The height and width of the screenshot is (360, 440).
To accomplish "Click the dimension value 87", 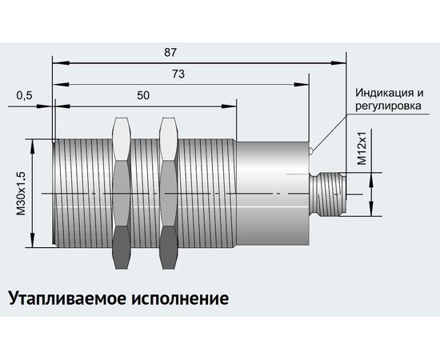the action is coord(170,52).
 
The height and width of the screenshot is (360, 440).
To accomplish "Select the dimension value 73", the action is coord(178,74).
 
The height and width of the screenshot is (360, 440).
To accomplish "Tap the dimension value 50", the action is coord(143,96).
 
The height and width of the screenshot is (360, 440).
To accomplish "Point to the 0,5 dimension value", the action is coord(25,96).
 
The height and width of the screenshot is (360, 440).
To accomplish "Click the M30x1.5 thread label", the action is coord(21,194).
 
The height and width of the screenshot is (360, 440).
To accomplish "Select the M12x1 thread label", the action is coord(362,147).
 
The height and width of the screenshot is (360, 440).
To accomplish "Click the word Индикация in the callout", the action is coord(385,93).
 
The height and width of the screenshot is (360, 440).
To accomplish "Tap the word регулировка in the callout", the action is coord(388,106).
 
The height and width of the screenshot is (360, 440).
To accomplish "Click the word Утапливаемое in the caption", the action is coord(67,298).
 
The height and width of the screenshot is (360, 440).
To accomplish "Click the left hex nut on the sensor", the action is coord(122,194).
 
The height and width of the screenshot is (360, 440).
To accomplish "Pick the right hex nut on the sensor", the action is coord(168,194).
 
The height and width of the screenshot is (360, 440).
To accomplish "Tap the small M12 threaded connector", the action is coord(328,194).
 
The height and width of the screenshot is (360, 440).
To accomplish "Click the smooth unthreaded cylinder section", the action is coord(274,194).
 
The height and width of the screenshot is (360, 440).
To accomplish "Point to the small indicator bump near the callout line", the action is coord(311,151).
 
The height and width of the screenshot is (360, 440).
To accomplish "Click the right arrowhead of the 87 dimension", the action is coord(338,63).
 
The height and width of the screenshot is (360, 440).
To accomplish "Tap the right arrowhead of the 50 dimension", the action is coord(230,106).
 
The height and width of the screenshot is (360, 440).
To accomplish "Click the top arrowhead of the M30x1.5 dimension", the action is coord(33,146).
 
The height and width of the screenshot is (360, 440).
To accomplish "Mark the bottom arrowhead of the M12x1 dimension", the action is coord(371,209).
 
